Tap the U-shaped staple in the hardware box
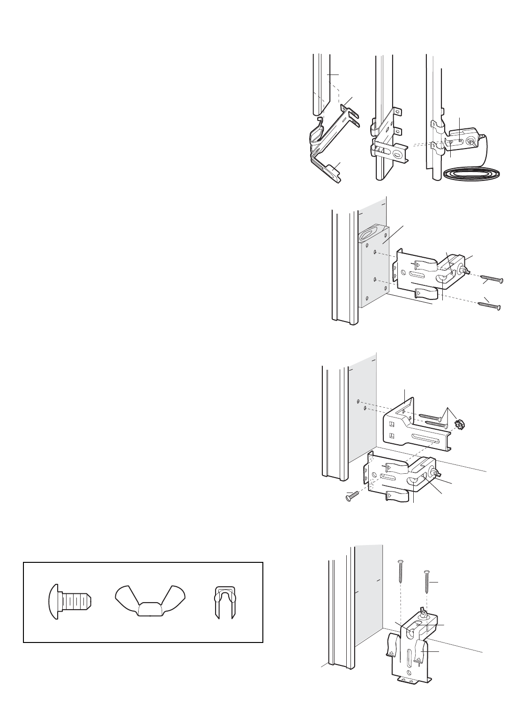pos(224,602)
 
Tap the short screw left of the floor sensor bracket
pos(351,493)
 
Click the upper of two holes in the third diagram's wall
pos(358,401)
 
